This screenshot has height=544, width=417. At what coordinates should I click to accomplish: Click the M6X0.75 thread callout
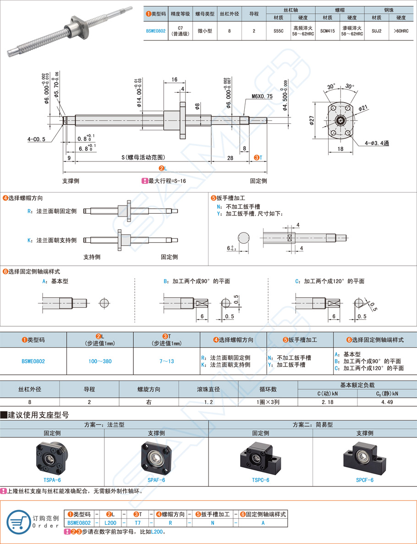point(262,97)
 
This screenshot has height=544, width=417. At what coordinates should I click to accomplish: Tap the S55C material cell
point(278,31)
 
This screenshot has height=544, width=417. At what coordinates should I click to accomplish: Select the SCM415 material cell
point(328,31)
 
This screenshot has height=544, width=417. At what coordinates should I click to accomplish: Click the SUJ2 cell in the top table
point(377,31)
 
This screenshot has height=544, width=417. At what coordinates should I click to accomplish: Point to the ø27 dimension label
point(312,121)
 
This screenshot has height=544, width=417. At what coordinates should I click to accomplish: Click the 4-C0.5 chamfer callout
point(36,139)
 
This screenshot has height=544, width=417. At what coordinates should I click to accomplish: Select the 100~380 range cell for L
point(100,361)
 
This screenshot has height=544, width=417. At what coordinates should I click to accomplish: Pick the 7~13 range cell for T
point(166,361)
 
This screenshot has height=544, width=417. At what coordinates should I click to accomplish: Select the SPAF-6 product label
point(156,480)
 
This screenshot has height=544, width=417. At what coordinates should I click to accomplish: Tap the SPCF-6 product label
point(365,480)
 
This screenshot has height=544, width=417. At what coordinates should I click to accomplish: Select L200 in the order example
point(110,522)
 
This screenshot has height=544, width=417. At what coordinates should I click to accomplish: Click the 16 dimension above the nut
point(174,80)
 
